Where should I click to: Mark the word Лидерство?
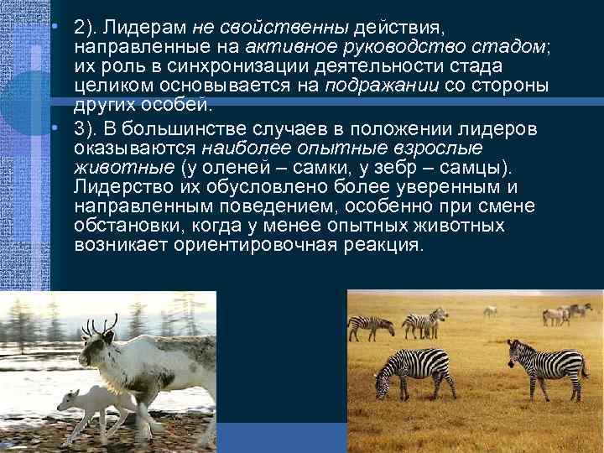click(x=113, y=187)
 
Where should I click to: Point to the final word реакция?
click(x=383, y=246)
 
